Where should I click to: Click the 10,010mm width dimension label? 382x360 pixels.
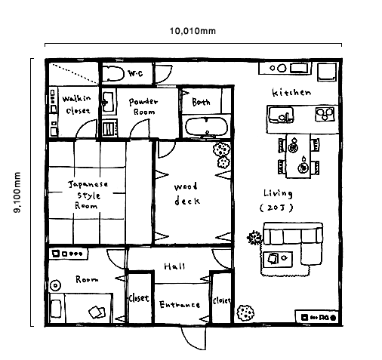point(193,31)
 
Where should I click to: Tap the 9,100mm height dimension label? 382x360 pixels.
point(17,192)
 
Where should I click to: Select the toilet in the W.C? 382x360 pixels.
point(113,73)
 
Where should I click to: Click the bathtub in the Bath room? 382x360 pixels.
point(206,127)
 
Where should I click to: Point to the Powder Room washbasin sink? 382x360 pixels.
point(109,103)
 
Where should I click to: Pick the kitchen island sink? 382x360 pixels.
point(281,115)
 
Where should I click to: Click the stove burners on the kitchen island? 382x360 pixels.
point(325,114)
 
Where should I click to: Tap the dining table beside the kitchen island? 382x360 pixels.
point(298,155)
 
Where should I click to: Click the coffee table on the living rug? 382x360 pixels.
point(278,259)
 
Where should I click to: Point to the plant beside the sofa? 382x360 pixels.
point(254,238)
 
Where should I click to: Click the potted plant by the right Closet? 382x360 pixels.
point(245,312)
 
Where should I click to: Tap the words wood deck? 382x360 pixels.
point(186,194)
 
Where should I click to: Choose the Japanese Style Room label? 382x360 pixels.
point(88,195)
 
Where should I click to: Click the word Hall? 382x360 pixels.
point(174,266)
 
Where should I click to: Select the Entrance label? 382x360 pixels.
point(180,305)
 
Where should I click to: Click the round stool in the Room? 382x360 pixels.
point(55,285)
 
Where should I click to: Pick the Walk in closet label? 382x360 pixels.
point(76,105)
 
